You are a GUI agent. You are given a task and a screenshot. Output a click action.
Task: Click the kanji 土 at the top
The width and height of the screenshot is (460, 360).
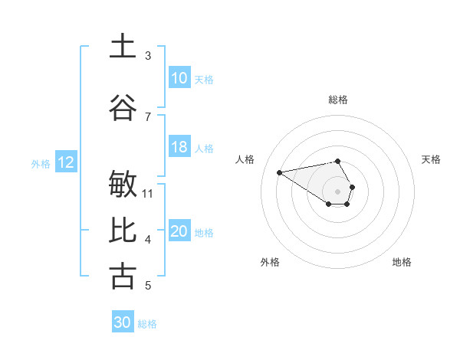pos(123,46)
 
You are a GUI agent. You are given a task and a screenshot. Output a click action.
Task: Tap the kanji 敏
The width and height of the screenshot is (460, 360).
pos(123,185)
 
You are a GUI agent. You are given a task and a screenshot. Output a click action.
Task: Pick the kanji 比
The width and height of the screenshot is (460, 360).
pos(123,230)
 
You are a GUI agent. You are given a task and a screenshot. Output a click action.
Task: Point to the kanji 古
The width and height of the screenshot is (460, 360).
pos(123,276)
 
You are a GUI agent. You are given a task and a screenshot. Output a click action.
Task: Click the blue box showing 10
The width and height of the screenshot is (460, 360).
pos(179,78)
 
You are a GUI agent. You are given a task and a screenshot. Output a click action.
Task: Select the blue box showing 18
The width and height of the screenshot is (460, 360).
pos(179,147)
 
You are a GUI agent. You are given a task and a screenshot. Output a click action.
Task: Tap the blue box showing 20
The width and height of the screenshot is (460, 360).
pos(179,231)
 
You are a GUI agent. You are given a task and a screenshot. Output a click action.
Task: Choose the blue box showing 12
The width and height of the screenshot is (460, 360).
pos(66,162)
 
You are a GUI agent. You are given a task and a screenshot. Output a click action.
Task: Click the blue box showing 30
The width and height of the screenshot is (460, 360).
pos(123,322)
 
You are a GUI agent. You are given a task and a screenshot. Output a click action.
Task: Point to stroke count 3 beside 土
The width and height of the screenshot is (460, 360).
pos(148,56)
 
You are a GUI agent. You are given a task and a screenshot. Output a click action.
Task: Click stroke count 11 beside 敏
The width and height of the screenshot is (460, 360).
pos(148,193)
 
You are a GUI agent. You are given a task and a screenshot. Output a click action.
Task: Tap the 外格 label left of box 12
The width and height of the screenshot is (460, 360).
pos(41,163)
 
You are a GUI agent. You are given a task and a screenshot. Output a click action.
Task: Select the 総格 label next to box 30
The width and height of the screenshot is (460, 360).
pos(147,324)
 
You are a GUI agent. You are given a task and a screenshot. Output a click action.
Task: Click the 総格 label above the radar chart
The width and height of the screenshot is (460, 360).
pos(337,100)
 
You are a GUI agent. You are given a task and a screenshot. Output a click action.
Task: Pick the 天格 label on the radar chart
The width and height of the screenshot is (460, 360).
pos(431,159)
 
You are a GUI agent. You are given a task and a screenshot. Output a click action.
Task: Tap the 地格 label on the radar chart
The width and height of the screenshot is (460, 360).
pos(402,262)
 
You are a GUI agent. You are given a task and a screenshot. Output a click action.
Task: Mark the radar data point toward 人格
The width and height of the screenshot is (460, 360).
pos(279,172)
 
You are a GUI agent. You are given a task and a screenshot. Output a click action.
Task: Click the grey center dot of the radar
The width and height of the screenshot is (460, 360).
pos(337,191)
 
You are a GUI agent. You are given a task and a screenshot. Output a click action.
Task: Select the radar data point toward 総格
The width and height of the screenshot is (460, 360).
pos(337,162)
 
